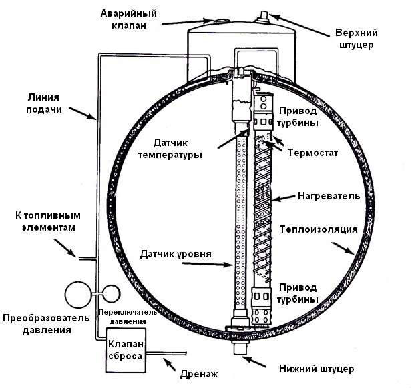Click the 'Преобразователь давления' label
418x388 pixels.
pyautogui.click(x=45, y=323)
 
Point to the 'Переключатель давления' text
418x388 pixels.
pyautogui.click(x=127, y=316)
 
